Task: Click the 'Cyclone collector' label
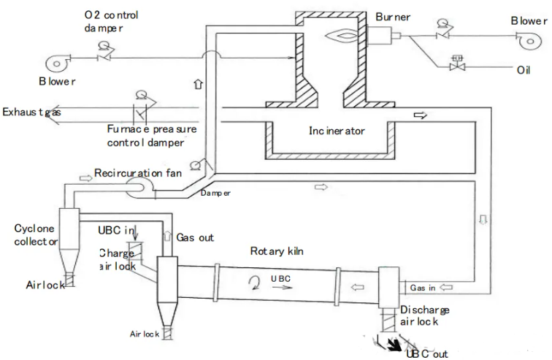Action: pos(34,235)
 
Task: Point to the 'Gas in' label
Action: pos(423,288)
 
